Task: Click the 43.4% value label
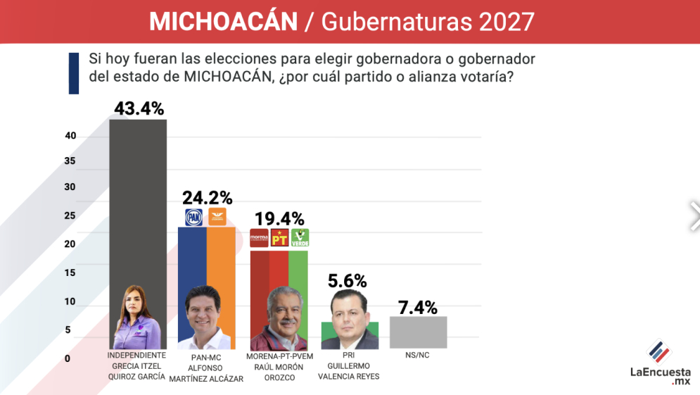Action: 138,108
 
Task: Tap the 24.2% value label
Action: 207,198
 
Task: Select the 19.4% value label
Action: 279,219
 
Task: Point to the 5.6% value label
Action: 348,281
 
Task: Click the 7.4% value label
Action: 418,307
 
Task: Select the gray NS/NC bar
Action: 418,332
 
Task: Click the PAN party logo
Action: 193,218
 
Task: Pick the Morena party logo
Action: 260,238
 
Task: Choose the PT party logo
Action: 280,238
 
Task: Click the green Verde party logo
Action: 300,238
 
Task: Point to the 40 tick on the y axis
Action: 70,136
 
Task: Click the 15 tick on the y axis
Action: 70,272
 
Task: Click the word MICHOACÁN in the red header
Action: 224,22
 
